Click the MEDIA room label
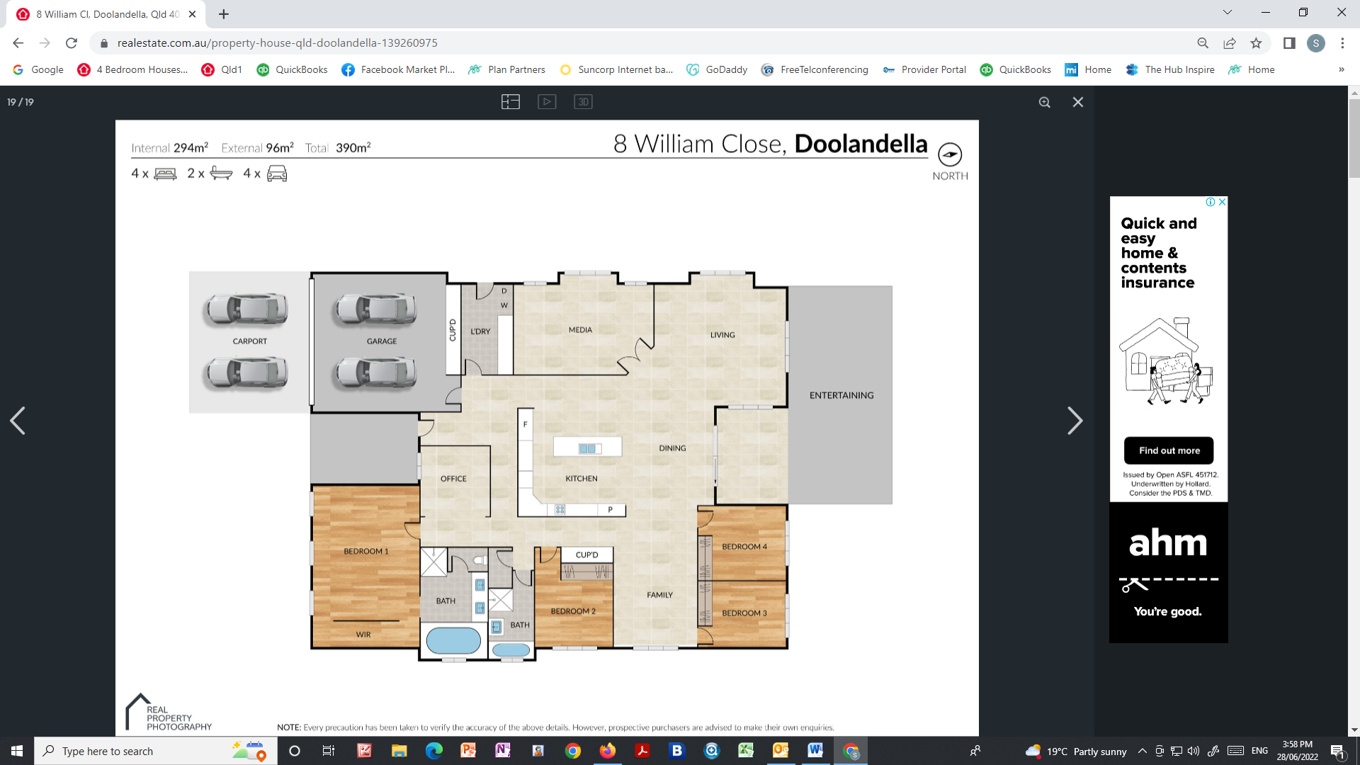click(x=580, y=330)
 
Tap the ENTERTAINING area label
click(x=841, y=395)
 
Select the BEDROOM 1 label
click(x=365, y=551)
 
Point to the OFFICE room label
click(x=453, y=479)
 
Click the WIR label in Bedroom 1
click(x=363, y=635)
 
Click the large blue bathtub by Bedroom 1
click(x=453, y=640)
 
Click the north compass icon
click(x=950, y=154)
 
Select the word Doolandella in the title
click(x=861, y=144)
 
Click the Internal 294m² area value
click(x=190, y=148)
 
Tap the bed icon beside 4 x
click(x=165, y=174)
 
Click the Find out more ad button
click(x=1169, y=450)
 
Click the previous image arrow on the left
click(x=18, y=421)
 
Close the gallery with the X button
click(x=1078, y=102)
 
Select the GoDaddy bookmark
click(x=718, y=69)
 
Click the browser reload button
click(x=72, y=43)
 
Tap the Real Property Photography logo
click(x=169, y=713)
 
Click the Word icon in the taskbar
click(x=815, y=750)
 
